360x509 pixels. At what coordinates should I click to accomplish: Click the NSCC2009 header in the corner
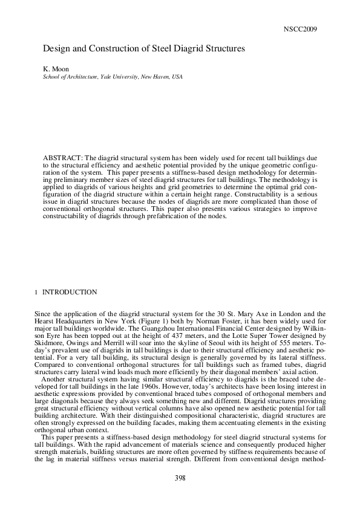[x=300, y=29]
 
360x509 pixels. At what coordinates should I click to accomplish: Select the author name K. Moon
[x=57, y=70]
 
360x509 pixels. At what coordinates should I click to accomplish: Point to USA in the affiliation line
[x=177, y=78]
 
